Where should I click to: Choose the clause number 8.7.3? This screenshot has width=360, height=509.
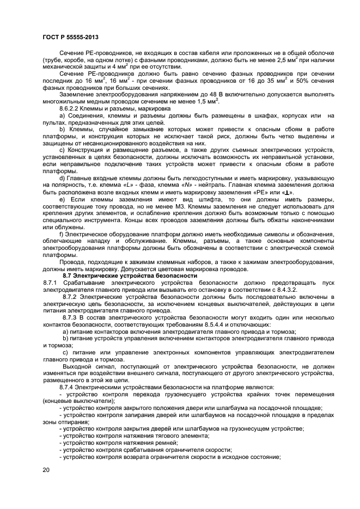click(x=69, y=316)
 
